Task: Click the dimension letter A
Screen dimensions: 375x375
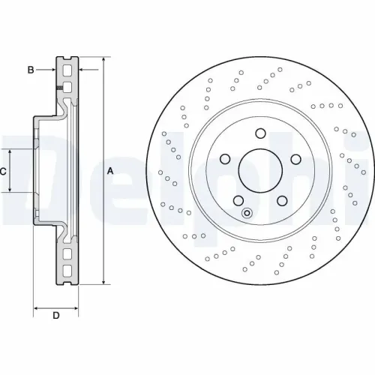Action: point(110,171)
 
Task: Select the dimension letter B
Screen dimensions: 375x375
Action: point(31,70)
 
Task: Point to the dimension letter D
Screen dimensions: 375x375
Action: point(55,316)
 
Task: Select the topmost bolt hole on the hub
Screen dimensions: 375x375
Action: point(260,134)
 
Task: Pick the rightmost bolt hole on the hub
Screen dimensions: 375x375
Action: point(295,159)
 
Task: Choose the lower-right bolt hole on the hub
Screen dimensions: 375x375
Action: point(283,200)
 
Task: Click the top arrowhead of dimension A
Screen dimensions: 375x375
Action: point(103,59)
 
